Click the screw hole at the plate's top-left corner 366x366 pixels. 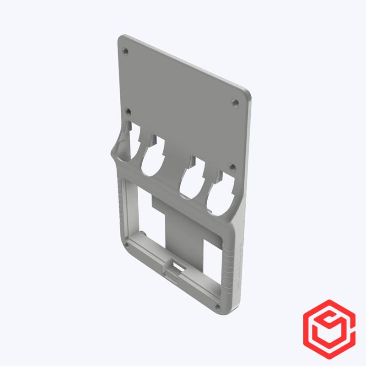coord(126,51)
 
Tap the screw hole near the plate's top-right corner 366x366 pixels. coord(235,102)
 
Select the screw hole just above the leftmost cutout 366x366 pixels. coord(129,111)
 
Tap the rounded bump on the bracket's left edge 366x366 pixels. coord(115,151)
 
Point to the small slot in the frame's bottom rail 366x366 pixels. coord(176,265)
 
